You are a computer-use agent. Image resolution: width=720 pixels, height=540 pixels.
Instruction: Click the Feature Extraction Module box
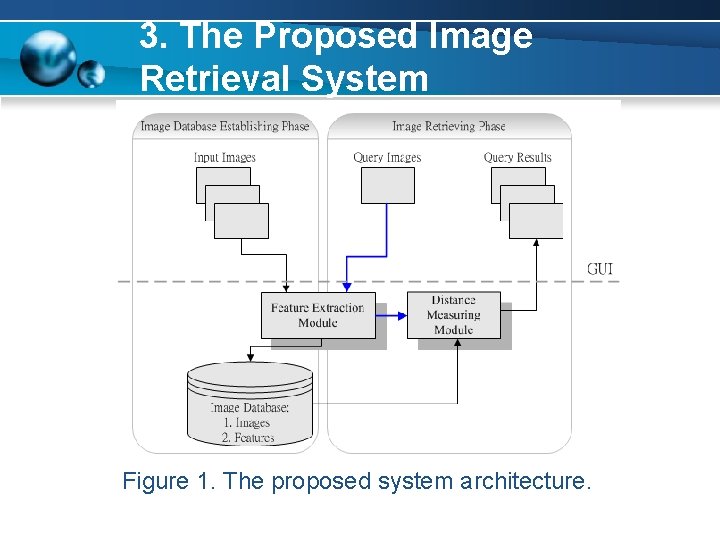coord(318,315)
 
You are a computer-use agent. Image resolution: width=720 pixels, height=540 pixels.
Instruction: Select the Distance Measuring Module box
coord(453,315)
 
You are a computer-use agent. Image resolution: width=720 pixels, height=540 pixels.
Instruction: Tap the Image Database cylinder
coord(250,405)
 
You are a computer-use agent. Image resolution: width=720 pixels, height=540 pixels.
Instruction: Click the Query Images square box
coord(387,185)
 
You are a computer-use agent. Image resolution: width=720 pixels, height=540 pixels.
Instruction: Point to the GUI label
coord(600,269)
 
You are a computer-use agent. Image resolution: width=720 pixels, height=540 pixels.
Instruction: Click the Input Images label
coord(225,157)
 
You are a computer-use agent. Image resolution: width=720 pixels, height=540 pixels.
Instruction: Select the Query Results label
coord(517,157)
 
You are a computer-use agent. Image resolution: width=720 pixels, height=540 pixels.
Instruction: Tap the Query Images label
coord(387,157)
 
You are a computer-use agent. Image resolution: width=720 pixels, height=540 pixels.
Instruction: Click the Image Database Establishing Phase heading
coord(225,126)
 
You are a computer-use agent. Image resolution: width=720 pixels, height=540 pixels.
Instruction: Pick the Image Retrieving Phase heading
coord(449,126)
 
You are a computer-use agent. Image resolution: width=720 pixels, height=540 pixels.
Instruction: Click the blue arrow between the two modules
coord(392,316)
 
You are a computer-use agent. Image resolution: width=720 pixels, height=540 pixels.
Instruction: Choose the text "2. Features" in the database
coord(248,437)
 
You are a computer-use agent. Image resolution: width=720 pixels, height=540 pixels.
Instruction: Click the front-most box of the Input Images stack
coord(241,220)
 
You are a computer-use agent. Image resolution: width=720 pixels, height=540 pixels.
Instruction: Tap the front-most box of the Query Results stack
coord(536,220)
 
